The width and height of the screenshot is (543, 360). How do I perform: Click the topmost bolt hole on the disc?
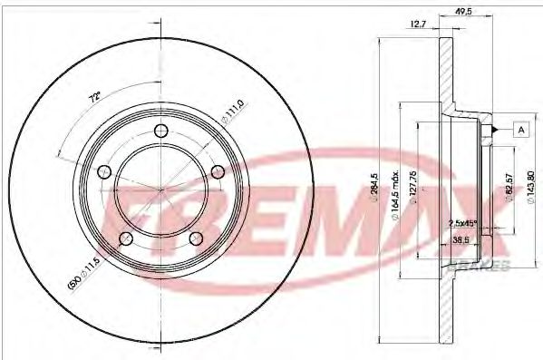(162, 131)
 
